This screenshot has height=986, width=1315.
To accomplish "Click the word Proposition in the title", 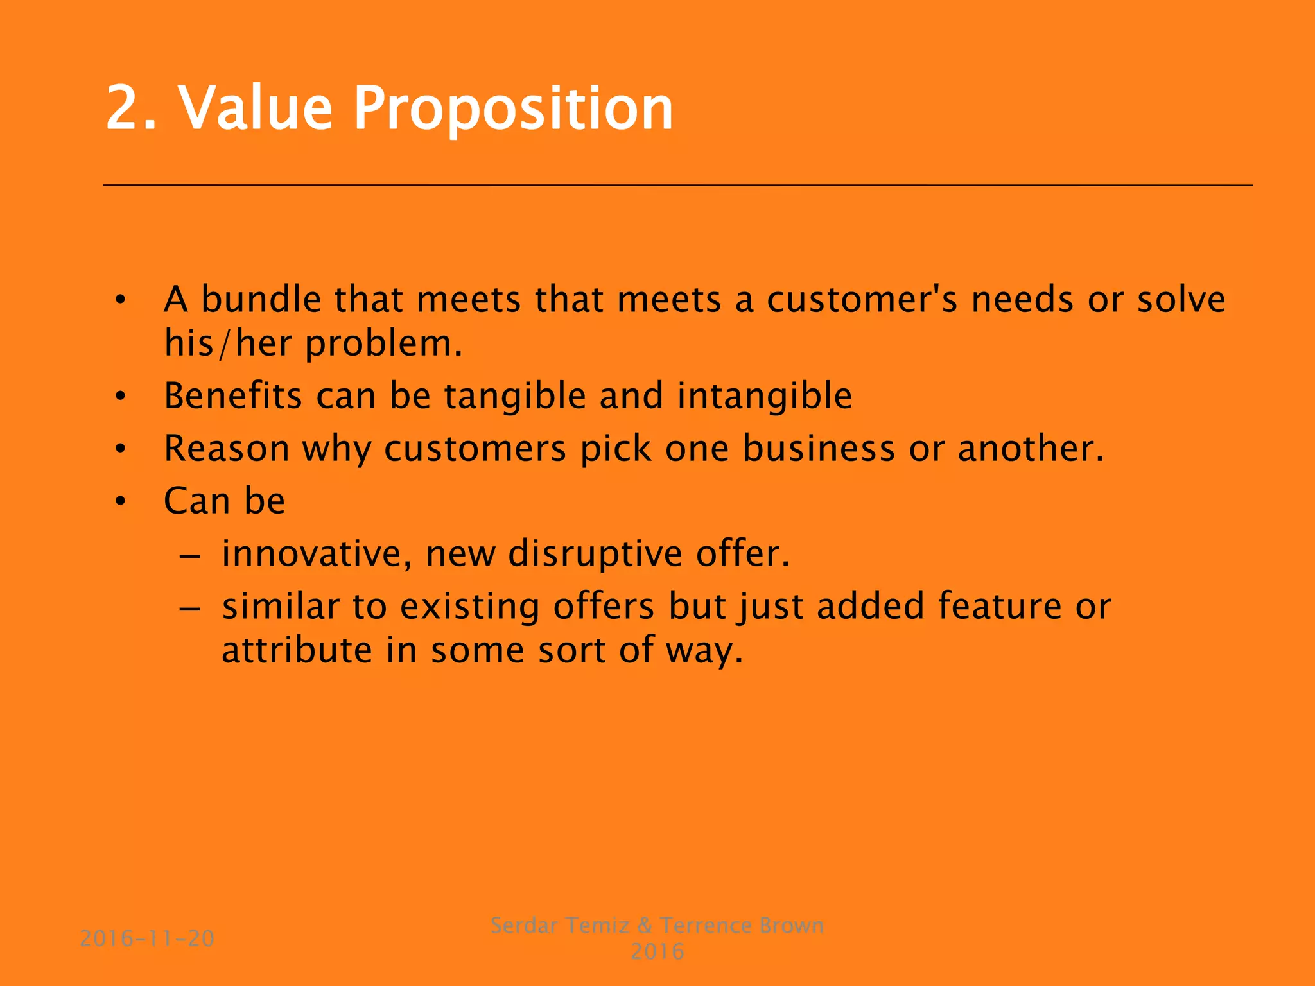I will pos(513,109).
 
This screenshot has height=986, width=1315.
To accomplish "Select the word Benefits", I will pos(232,395).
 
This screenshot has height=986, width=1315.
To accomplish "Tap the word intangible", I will pos(764,396).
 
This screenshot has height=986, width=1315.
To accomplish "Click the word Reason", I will pos(226,448).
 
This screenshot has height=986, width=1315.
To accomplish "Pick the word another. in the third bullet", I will pos(1031,448).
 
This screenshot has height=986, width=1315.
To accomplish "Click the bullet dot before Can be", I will pos(120,501).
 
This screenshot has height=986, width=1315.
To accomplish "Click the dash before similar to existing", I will pos(190,607).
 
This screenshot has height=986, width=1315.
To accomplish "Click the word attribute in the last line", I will pos(297,650).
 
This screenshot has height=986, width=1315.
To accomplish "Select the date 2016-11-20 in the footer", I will pos(147,938).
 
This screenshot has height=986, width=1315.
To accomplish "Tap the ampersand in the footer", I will pos(644,926).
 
